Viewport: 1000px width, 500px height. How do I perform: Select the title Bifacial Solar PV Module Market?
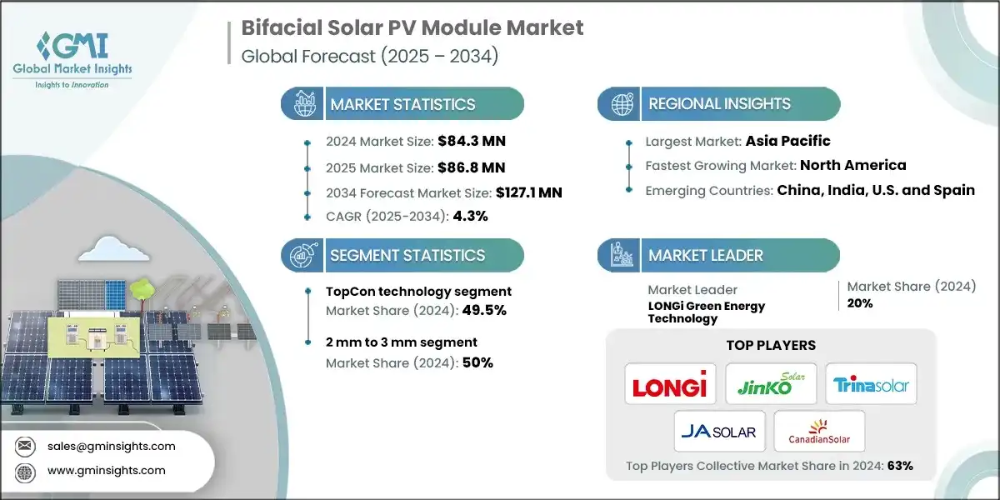(x=412, y=27)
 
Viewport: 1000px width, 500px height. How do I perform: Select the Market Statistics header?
(x=402, y=104)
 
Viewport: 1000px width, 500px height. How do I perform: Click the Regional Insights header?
(x=719, y=104)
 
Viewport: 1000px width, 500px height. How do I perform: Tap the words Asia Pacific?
(x=787, y=141)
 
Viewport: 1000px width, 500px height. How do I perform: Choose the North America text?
(x=853, y=165)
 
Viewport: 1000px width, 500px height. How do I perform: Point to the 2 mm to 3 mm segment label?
(x=402, y=342)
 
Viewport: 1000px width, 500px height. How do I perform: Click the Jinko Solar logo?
(x=770, y=383)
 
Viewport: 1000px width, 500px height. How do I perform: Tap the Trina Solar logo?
(x=871, y=385)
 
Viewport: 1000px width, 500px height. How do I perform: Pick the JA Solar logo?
(x=718, y=431)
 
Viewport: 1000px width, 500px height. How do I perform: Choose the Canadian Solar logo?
(x=819, y=431)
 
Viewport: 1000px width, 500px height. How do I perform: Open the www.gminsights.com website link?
(x=106, y=470)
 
